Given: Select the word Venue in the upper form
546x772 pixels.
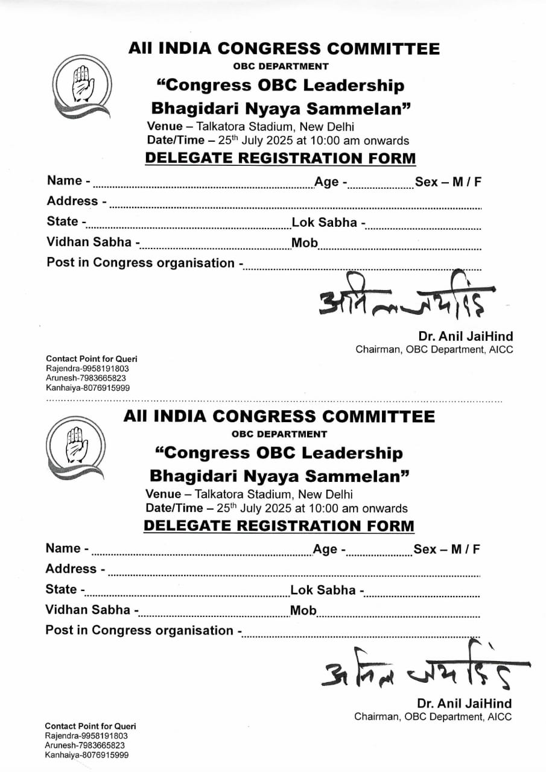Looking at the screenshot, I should [x=164, y=127].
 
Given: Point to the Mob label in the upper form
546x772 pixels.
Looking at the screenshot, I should [x=305, y=243].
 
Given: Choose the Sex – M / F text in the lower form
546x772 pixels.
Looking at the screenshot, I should [x=446, y=549].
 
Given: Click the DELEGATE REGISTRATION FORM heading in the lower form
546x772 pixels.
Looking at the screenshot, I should [x=279, y=526].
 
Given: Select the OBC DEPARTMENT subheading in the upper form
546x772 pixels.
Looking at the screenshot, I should [x=281, y=66].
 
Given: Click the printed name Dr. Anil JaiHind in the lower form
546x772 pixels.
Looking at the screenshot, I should [x=464, y=703].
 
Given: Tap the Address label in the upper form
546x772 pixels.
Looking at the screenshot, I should [x=74, y=201].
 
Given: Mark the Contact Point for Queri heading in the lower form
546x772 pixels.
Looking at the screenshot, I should [x=90, y=726].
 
